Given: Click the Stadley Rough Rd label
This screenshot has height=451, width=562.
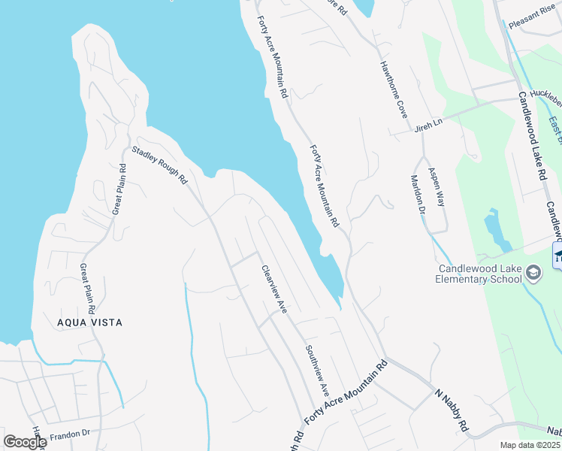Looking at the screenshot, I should pyautogui.click(x=159, y=166).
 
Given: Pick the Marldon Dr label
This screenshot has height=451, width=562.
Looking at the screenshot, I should pyautogui.click(x=418, y=195).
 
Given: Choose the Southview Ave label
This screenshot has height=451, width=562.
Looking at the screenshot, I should pyautogui.click(x=317, y=371).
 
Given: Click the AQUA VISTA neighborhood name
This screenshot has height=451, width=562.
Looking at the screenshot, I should pyautogui.click(x=89, y=322).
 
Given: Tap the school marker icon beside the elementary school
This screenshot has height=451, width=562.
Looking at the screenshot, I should pyautogui.click(x=533, y=273).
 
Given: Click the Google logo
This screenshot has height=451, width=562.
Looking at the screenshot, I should pyautogui.click(x=25, y=442).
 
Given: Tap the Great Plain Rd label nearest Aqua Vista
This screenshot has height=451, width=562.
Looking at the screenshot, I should pyautogui.click(x=88, y=289).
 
